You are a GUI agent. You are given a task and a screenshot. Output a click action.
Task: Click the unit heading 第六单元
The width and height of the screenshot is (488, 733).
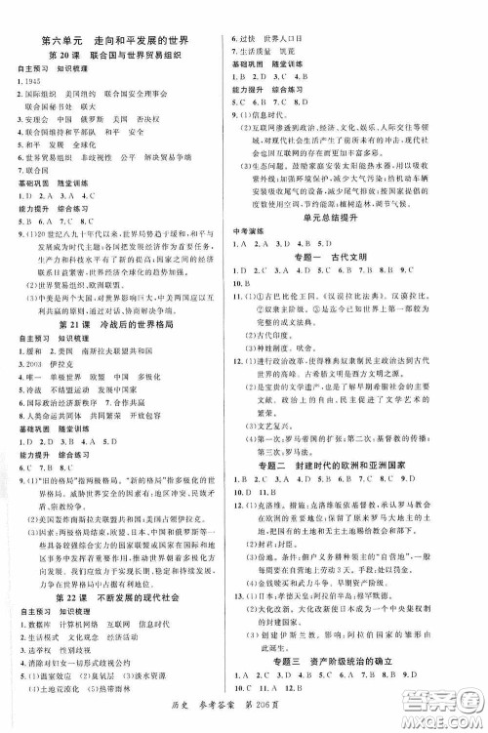tap(61, 42)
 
